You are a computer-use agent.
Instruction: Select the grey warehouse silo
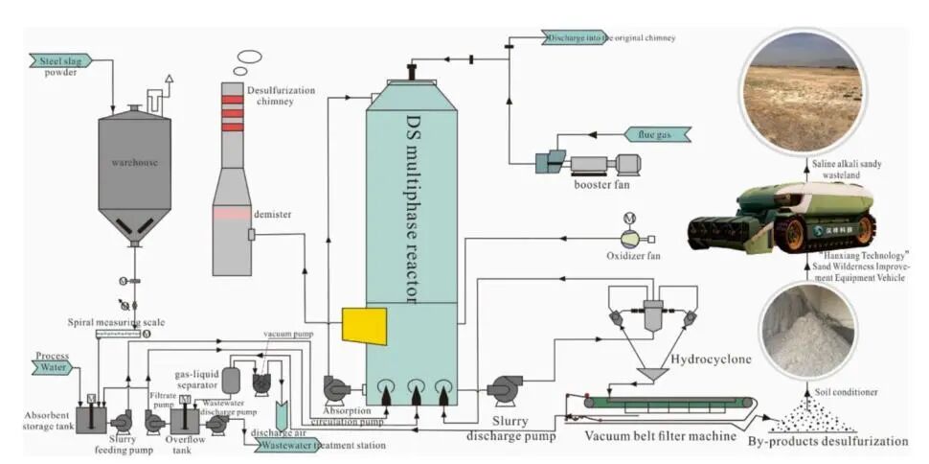click(134, 173)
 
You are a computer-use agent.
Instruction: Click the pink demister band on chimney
click(231, 215)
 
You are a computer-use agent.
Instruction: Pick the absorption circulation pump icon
click(337, 388)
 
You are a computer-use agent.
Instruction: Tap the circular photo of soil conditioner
click(806, 331)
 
